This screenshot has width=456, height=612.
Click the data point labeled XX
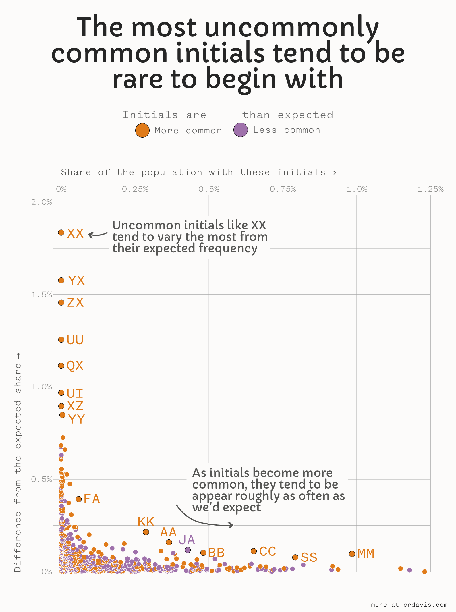coord(61,233)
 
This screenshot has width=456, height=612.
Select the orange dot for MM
coord(352,554)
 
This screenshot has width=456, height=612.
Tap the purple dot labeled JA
coord(188,550)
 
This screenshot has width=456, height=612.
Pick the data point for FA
coord(78,499)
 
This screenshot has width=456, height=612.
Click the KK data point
coord(146,532)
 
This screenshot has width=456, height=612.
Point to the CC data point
coord(254,551)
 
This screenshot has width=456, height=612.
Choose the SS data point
coord(295,557)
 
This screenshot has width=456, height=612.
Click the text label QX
coord(75,366)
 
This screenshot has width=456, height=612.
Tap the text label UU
coord(75,340)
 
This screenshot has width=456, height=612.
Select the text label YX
coord(76,281)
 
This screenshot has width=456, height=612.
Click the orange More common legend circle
coord(142,130)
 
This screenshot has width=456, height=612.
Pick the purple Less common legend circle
coord(240,130)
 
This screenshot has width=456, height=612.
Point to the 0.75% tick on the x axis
coord(283,189)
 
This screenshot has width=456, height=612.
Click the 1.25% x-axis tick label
coord(430,189)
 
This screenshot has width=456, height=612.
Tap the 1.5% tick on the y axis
coord(42,295)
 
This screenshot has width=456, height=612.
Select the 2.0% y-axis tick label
coord(42,202)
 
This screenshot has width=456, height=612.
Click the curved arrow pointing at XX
coord(98,235)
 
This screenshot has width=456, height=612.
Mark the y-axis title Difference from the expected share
coord(18,462)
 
